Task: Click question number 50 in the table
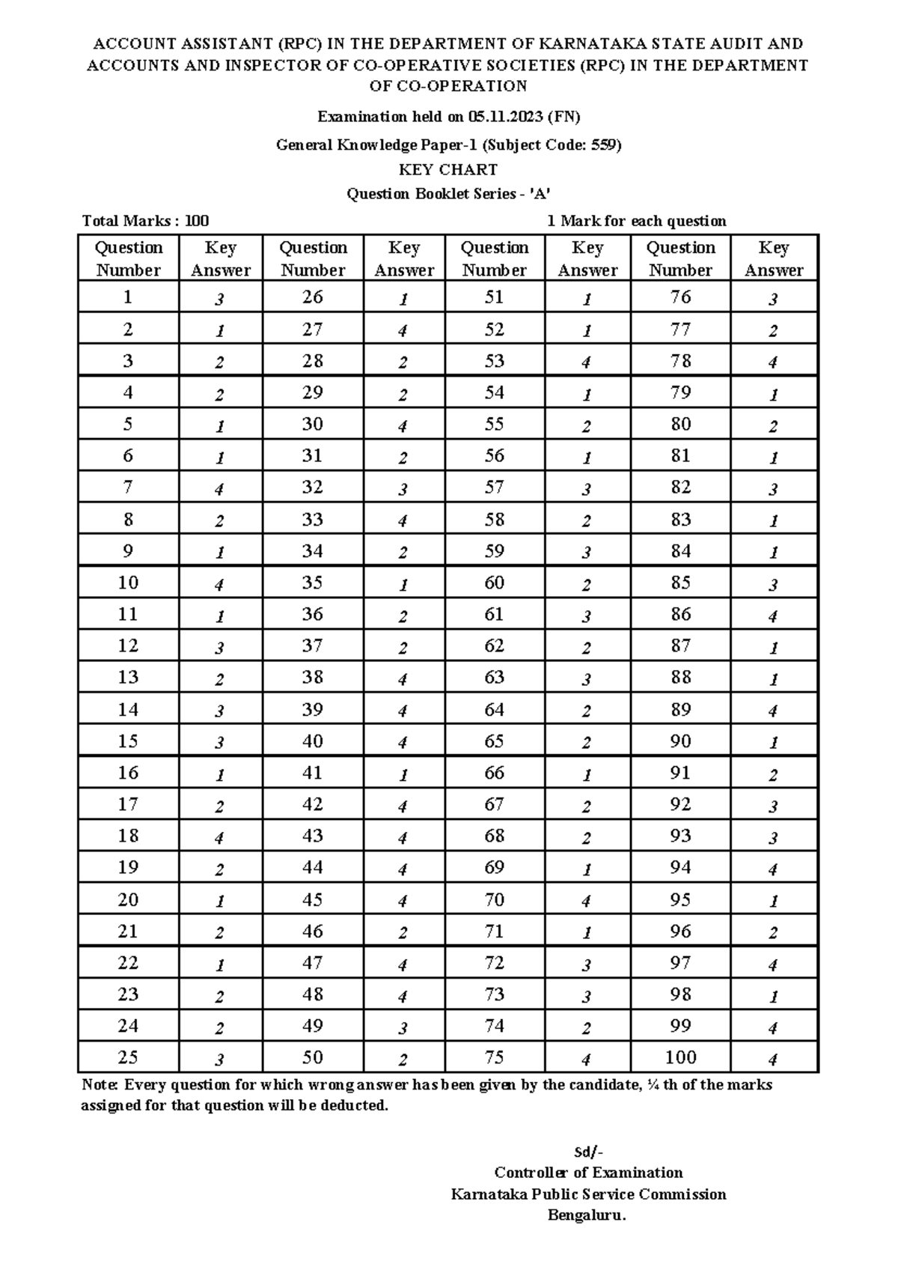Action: [x=312, y=1057]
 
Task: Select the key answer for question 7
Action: [x=219, y=489]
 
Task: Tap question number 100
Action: [x=680, y=1057]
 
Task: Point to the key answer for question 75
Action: [x=587, y=1060]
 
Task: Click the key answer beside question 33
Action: [x=403, y=520]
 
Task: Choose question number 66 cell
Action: [x=494, y=773]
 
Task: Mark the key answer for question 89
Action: [x=773, y=711]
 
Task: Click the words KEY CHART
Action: [x=448, y=169]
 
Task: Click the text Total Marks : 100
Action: [x=145, y=221]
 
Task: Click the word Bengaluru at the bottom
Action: [x=586, y=1215]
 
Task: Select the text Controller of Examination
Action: [x=587, y=1173]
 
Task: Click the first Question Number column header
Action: [x=129, y=258]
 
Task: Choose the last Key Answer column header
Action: [x=773, y=258]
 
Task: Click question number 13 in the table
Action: [x=128, y=678]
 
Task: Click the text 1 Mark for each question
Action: [x=636, y=221]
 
